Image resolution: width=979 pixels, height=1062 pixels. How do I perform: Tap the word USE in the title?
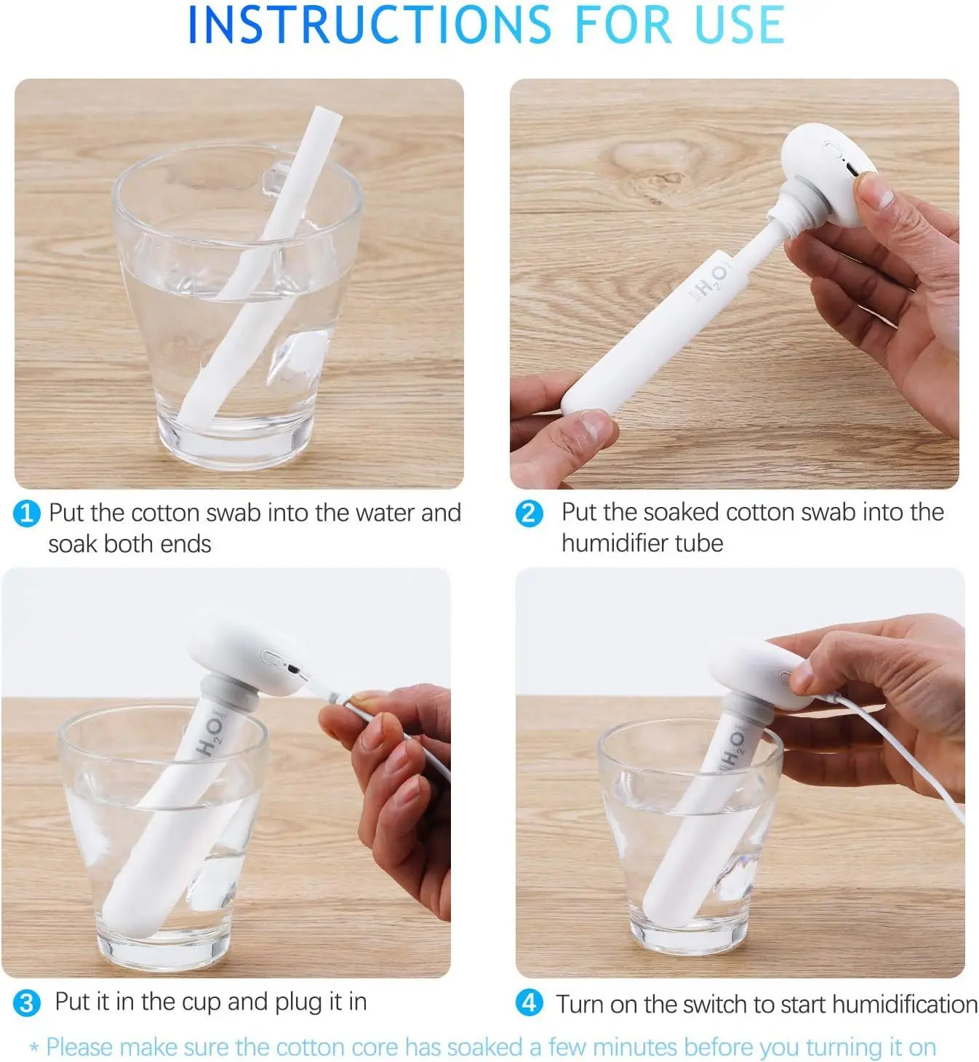pos(739,25)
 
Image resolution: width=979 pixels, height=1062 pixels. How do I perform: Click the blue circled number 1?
pos(26,514)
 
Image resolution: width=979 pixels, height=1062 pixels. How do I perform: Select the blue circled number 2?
pos(529,514)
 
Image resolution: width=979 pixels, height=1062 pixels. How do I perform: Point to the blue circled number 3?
pos(26,1003)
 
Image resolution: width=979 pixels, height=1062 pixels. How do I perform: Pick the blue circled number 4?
pos(529,1003)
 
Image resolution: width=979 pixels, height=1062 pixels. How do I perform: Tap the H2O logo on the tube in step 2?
pos(708,283)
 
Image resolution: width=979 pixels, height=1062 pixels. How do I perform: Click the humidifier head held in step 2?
pos(826,164)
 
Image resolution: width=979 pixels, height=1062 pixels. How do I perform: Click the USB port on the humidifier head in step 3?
pos(292,668)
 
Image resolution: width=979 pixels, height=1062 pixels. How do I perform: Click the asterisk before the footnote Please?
pos(34,1049)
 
